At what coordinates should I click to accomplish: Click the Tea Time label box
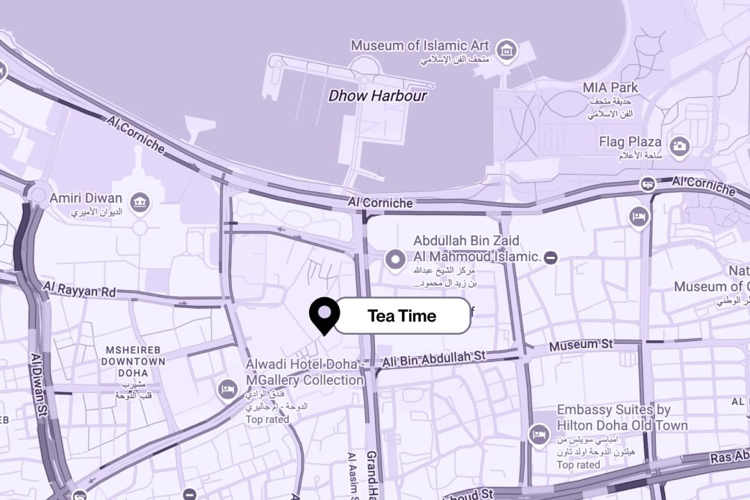pos(402,316)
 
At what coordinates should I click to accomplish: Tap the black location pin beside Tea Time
pos(324,314)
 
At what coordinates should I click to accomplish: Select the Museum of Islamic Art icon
pos(507,50)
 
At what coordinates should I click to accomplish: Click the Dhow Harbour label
pos(378,96)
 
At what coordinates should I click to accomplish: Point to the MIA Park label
pos(610,88)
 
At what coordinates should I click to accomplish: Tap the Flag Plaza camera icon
pos(679,147)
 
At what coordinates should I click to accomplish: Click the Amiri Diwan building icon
pos(141,201)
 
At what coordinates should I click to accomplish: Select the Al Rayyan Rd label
pos(79,290)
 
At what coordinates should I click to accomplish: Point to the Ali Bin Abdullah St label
pos(433,358)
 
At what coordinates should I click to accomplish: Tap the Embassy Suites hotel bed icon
pos(538,435)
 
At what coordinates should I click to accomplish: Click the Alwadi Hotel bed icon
pos(227,390)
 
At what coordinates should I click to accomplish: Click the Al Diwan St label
pos(39,385)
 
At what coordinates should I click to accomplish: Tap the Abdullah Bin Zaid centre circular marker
pos(396,260)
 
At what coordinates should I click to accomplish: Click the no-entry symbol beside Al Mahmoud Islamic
pos(551,258)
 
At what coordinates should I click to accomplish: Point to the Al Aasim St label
pos(352,476)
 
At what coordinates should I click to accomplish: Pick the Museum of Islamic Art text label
pos(419,46)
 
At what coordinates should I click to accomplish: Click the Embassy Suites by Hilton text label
pos(622,417)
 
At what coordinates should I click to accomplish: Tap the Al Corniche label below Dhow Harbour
pos(381,203)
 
